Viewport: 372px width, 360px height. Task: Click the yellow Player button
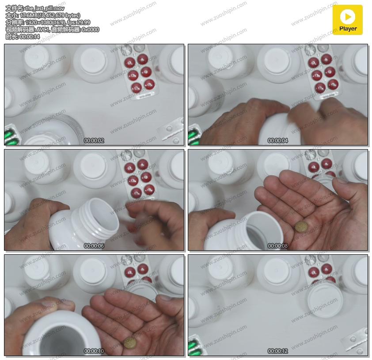tap(347, 20)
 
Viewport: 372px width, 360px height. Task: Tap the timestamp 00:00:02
tap(94, 141)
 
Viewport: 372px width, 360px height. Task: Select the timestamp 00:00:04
tap(277, 141)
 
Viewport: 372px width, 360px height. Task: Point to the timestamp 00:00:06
tap(94, 246)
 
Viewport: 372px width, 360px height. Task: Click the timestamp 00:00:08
tap(277, 246)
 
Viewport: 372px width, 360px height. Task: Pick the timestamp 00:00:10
tap(94, 351)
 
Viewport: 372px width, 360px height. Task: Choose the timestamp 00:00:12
tap(277, 351)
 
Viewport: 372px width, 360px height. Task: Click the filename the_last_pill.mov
tap(45, 8)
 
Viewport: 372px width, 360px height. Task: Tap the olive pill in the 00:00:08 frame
tap(302, 226)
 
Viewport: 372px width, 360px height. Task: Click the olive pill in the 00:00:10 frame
tap(130, 343)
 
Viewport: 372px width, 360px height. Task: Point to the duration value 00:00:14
tap(30, 37)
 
